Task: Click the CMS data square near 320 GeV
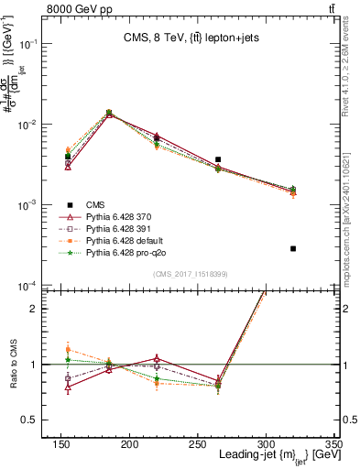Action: coord(293,248)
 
